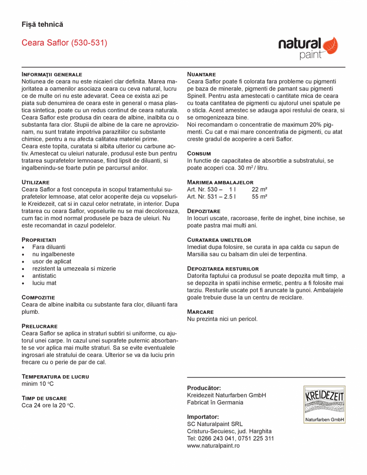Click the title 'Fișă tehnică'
tap(42, 24)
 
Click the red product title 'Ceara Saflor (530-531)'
tap(64, 43)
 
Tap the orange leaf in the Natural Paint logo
tap(330, 45)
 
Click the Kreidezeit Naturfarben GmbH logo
tap(324, 404)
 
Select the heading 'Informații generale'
tap(52, 74)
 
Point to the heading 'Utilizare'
tap(36, 182)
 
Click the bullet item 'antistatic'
tap(44, 276)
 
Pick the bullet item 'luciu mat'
tap(44, 283)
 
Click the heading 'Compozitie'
tap(38, 297)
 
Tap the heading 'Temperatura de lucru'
tap(55, 376)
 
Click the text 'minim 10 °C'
tap(38, 384)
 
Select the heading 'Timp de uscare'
tap(44, 398)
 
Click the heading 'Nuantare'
tap(202, 74)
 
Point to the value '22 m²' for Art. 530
tap(260, 189)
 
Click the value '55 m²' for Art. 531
tap(260, 196)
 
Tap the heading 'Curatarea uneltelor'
tap(219, 239)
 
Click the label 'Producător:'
tap(204, 388)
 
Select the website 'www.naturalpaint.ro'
tap(213, 445)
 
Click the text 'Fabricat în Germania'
tap(215, 402)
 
